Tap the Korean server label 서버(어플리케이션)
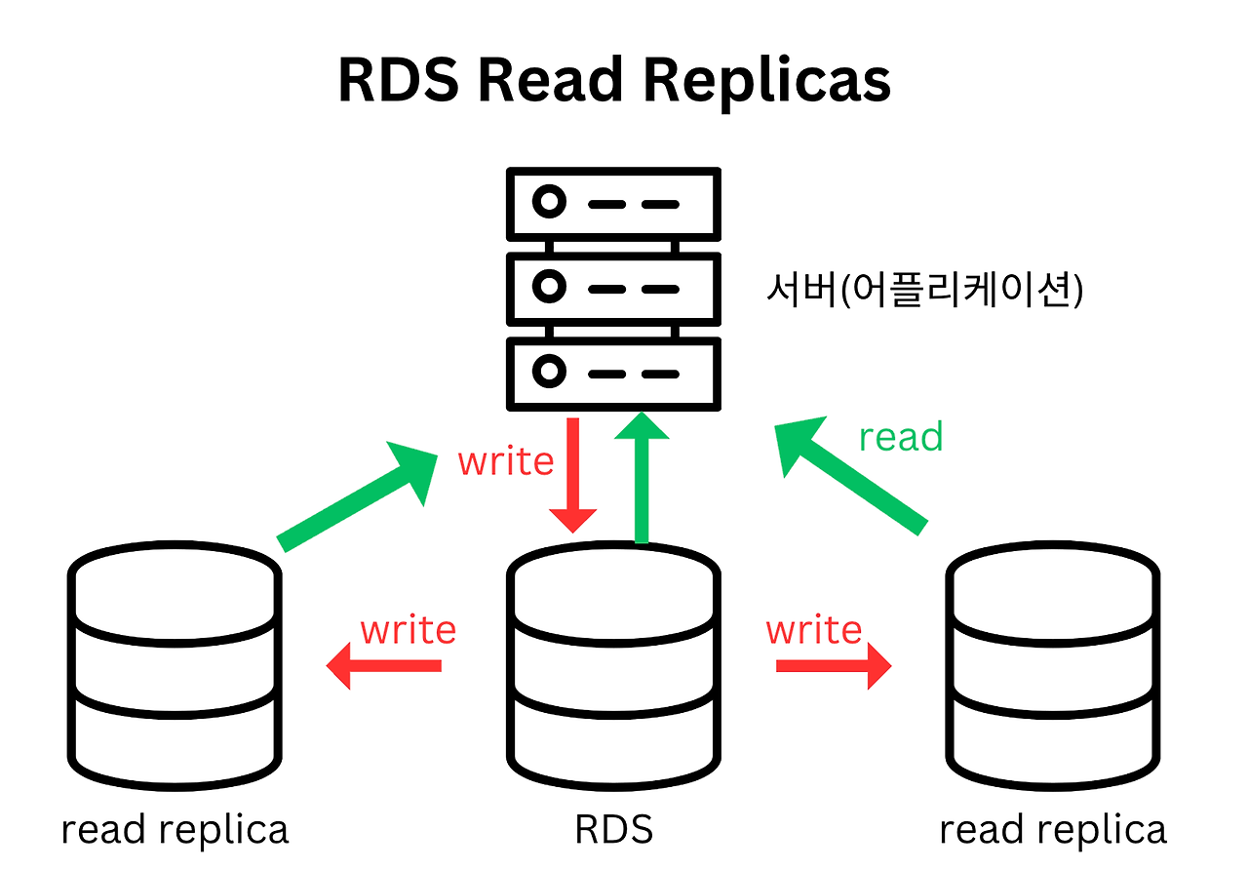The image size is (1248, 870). click(x=924, y=290)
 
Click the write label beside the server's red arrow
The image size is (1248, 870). click(x=506, y=460)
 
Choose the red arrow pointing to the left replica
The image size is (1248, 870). click(x=383, y=666)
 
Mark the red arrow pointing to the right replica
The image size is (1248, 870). click(x=834, y=666)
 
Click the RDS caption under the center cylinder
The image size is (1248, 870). click(x=613, y=830)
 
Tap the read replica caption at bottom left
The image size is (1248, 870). click(x=175, y=830)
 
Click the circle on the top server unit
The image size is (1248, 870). click(x=549, y=203)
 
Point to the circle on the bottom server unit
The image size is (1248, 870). click(x=549, y=372)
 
